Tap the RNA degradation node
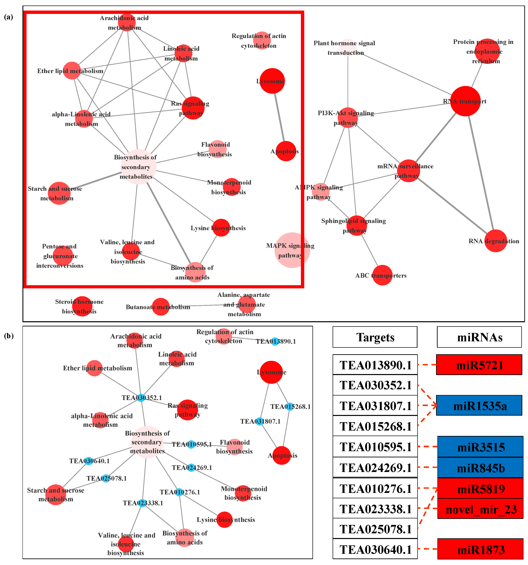496,241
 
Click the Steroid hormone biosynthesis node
82,306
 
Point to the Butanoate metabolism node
161,307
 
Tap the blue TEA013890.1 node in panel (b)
275,341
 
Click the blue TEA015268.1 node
289,406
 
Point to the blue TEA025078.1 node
106,478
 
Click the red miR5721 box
479,365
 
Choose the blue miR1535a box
479,405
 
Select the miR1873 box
480,550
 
